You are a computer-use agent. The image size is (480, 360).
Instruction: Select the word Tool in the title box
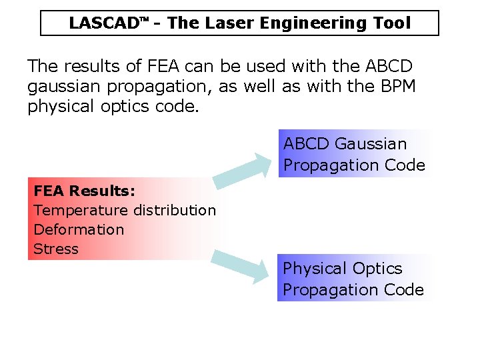[391, 23]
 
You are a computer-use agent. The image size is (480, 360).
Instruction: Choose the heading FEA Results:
[85, 191]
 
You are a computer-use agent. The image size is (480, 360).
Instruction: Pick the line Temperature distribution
[125, 210]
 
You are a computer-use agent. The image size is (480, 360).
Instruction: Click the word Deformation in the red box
[79, 229]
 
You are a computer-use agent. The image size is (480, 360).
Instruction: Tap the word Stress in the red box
[56, 249]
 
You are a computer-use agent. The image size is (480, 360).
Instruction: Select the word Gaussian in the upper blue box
[371, 143]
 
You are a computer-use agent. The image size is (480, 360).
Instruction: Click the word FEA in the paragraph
[164, 67]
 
